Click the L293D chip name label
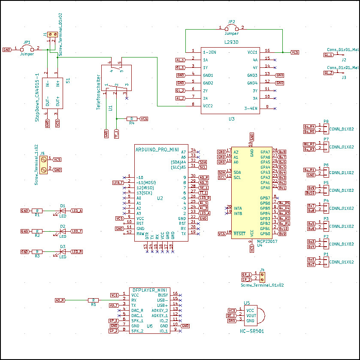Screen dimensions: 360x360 point(232,42)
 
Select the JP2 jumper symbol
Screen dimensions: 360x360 point(232,28)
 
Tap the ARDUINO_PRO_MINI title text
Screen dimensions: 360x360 point(157,149)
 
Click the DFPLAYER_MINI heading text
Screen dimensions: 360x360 point(149,290)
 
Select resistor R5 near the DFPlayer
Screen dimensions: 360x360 point(93,300)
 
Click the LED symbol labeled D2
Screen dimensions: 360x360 point(63,231)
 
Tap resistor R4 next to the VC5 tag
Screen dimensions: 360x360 point(133,118)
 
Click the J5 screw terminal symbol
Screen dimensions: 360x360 point(43,164)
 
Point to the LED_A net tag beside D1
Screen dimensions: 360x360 point(77,211)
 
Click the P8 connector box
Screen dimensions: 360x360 point(326,129)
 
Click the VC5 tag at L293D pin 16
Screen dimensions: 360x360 point(295,52)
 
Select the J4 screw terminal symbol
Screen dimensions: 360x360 point(262,277)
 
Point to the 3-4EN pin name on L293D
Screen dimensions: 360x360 point(251,109)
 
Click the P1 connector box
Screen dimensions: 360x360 point(326,262)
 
